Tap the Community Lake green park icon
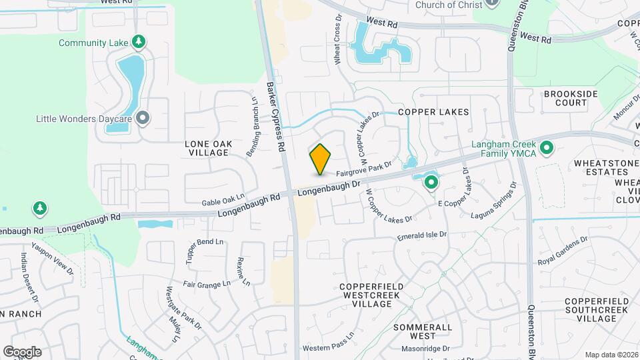pyautogui.click(x=139, y=43)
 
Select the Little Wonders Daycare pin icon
pyautogui.click(x=142, y=119)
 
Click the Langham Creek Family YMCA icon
pyautogui.click(x=547, y=147)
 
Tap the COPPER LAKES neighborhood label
pyautogui.click(x=433, y=112)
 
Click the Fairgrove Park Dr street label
pyautogui.click(x=363, y=167)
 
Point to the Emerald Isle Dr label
pyautogui.click(x=422, y=236)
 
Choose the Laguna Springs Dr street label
pyautogui.click(x=494, y=201)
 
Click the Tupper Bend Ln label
pyautogui.click(x=205, y=241)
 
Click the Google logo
pyautogui.click(x=22, y=352)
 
